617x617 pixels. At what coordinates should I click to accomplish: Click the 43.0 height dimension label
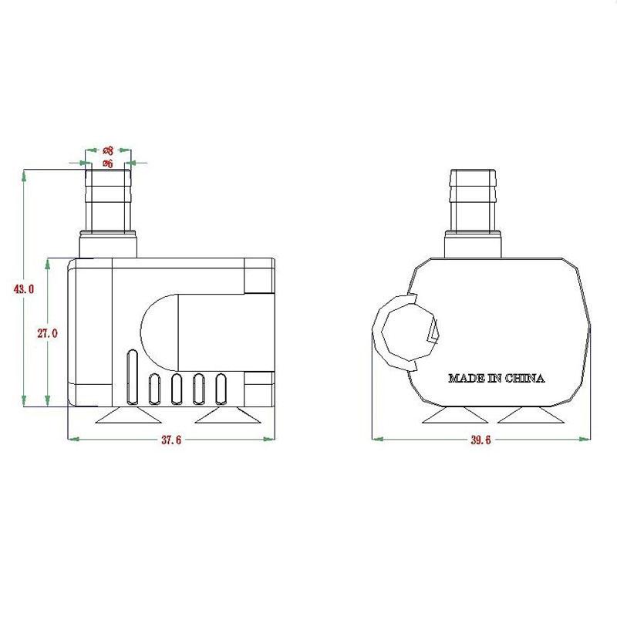24,289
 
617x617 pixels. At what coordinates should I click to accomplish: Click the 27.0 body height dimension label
46,333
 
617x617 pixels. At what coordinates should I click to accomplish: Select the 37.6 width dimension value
172,440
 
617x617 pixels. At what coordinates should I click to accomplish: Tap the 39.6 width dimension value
480,440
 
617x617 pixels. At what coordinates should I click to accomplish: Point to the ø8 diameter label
108,151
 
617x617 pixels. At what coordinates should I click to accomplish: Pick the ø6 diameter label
108,164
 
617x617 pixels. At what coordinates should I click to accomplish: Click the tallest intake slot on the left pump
132,378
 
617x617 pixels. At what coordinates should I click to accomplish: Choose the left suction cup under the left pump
128,416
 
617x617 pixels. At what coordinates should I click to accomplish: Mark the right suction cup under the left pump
226,416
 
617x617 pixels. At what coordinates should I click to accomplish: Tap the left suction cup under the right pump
455,416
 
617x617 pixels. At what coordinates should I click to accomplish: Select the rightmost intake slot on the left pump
221,389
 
